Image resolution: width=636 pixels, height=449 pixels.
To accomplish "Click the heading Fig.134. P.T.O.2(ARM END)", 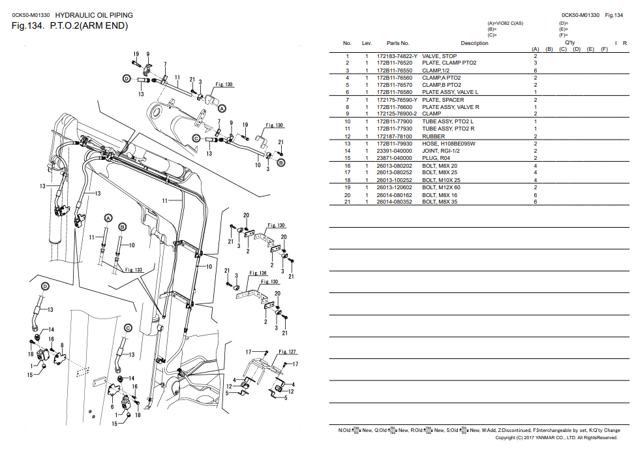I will (70, 25).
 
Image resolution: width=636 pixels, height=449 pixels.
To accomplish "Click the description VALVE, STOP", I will (440, 57).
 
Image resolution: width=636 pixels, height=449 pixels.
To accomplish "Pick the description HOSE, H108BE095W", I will (449, 144).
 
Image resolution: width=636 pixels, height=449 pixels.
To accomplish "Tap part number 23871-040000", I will (394, 158).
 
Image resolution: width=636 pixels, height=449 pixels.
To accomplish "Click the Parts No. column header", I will (398, 44).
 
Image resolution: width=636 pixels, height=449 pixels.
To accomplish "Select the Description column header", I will (474, 44).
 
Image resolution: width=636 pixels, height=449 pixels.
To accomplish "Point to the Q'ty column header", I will (570, 42).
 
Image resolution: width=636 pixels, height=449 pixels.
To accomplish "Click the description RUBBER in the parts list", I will (434, 136).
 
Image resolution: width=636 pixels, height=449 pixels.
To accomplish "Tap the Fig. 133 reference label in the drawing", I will (134, 270).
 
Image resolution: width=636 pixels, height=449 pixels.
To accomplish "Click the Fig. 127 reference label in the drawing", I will (288, 352).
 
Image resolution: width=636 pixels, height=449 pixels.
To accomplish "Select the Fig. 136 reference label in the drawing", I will (258, 273).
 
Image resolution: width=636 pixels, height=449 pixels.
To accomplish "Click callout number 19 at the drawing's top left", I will (136, 54).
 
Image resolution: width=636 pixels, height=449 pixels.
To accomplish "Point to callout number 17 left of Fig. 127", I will (248, 352).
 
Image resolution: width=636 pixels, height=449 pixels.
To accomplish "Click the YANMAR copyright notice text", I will (556, 438).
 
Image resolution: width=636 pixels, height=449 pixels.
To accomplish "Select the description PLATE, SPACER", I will (444, 100).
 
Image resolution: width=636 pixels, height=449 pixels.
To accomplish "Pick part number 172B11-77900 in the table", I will (394, 121).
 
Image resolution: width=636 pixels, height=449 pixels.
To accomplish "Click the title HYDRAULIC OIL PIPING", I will (94, 15).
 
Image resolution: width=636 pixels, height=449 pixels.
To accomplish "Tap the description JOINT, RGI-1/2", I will (442, 151).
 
